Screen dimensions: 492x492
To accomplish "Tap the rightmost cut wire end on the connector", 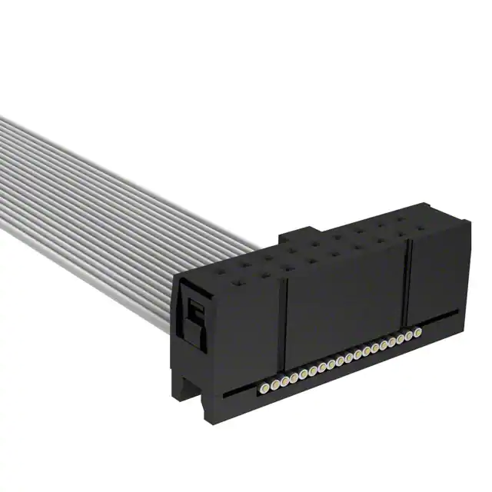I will pyautogui.click(x=417, y=332).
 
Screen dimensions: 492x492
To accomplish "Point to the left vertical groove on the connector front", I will pyautogui.click(x=285, y=323).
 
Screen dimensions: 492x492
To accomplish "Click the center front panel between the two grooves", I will pyautogui.click(x=346, y=300).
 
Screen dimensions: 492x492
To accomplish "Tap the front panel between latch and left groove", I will pyautogui.click(x=246, y=331).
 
